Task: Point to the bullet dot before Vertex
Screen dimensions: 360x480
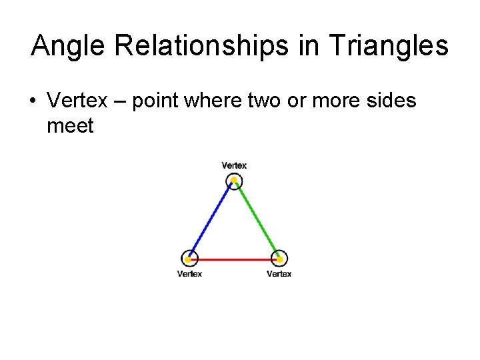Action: [x=31, y=101]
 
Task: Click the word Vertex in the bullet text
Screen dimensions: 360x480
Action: [x=77, y=101]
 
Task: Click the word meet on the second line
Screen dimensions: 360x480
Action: [x=70, y=125]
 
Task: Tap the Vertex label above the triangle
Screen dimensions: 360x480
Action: [x=234, y=165]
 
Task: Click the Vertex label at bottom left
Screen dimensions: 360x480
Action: [x=189, y=273]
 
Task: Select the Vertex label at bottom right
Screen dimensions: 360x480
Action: [x=279, y=273]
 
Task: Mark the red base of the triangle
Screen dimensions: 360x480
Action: [x=234, y=259]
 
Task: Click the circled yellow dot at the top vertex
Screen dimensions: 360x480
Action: [x=234, y=180]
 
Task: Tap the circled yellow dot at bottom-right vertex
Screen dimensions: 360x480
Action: [x=280, y=259]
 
